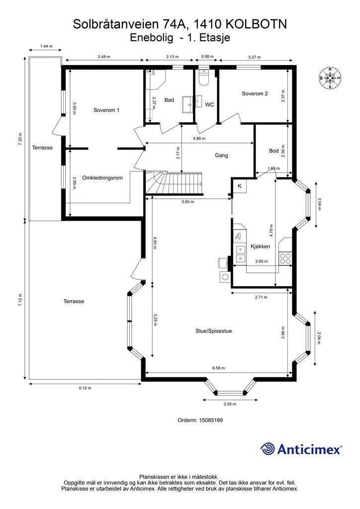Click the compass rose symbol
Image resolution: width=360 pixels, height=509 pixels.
click(x=330, y=78)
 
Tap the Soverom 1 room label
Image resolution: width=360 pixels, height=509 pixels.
click(x=106, y=110)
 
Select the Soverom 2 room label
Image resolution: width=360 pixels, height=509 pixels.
click(x=255, y=93)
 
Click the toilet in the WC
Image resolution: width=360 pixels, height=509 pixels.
click(x=204, y=77)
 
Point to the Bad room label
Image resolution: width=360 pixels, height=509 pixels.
click(x=169, y=100)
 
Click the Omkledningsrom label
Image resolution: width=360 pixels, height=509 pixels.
click(x=102, y=178)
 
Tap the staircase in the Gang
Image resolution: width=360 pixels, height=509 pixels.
click(x=174, y=183)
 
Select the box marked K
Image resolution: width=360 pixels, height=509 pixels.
click(x=240, y=186)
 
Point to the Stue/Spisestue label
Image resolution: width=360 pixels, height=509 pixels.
click(x=214, y=331)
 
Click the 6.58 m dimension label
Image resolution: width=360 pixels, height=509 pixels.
click(x=218, y=368)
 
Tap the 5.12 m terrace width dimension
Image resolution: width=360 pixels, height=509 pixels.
click(x=85, y=388)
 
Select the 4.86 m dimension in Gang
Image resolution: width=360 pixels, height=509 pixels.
click(x=199, y=138)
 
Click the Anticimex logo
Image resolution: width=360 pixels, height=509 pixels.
click(x=301, y=449)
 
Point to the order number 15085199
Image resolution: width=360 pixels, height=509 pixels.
click(x=200, y=420)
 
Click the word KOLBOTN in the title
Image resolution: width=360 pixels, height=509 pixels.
click(x=255, y=24)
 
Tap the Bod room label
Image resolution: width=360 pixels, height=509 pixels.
click(x=274, y=151)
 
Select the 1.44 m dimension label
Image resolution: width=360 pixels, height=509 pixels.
click(x=46, y=46)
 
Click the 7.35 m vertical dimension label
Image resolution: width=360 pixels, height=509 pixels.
click(x=20, y=139)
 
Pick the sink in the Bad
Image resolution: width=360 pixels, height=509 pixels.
click(x=187, y=104)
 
